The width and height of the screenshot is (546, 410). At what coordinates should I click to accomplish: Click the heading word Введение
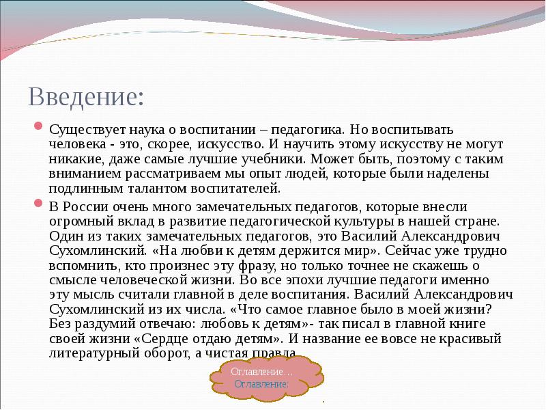tap(85, 96)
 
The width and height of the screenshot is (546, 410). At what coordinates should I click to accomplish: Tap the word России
tap(89, 206)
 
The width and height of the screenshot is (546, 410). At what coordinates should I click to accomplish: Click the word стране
tap(480, 221)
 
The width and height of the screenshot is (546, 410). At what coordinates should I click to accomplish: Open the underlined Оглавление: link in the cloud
tap(261, 384)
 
